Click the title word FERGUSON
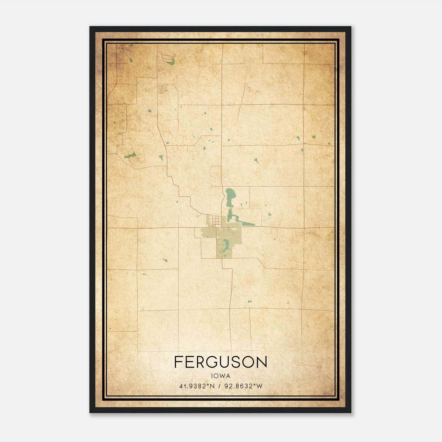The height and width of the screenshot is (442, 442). [221, 362]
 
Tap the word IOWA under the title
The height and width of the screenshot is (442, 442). [221, 376]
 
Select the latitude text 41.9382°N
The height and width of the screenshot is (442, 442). [197, 386]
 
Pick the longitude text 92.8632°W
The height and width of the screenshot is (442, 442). [243, 386]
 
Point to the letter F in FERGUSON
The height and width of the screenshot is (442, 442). [178, 362]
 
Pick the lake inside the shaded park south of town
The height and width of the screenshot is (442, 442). [227, 244]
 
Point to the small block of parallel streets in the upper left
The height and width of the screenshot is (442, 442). [162, 89]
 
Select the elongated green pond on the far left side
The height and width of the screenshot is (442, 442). [130, 156]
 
